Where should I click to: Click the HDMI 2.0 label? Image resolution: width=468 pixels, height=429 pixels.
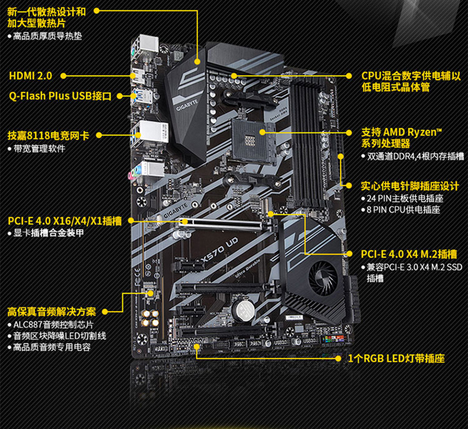[x=30, y=76]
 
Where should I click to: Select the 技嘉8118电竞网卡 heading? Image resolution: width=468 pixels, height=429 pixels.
[x=49, y=135]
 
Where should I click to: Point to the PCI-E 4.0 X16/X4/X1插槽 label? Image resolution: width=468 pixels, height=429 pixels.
[x=65, y=221]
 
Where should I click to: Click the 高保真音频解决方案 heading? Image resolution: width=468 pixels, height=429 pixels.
[x=52, y=311]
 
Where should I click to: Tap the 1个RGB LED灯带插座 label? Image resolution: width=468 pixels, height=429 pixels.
[x=396, y=358]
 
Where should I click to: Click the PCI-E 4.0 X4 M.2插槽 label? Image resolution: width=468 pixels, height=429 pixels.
[x=409, y=254]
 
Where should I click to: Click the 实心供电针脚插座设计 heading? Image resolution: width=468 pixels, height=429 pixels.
[x=410, y=185]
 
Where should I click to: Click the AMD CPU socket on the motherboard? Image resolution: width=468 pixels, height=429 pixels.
[x=248, y=134]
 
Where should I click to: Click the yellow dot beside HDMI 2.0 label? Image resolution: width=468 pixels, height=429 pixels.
[x=64, y=76]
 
